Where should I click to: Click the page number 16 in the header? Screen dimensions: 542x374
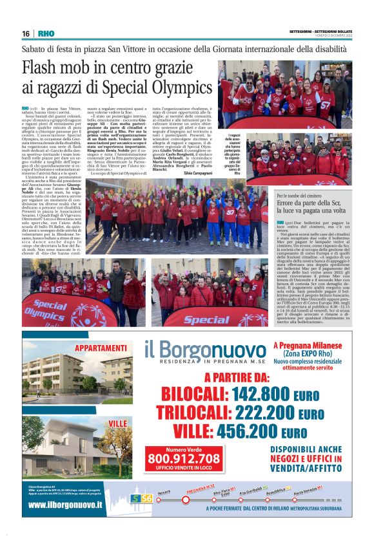[26, 33]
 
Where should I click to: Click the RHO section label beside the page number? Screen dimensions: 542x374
[46, 33]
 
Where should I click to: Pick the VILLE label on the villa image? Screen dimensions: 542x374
[118, 423]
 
